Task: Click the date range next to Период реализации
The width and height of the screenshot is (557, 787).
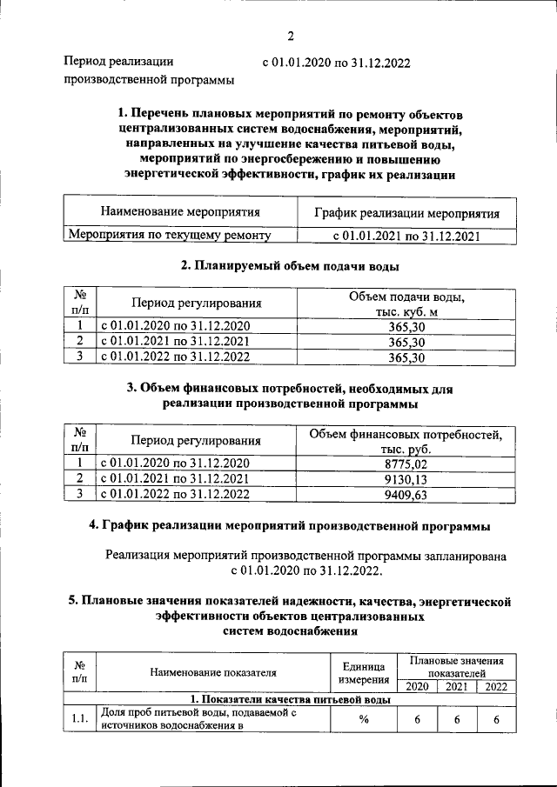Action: point(335,63)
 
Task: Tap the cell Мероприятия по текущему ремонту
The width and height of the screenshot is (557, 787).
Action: point(170,235)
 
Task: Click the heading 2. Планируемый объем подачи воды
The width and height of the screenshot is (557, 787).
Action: point(290,266)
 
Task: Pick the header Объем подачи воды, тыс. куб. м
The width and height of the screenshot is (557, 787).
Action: point(406,304)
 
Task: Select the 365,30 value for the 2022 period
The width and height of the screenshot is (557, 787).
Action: point(406,357)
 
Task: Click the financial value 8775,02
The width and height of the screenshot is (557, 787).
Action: point(406,464)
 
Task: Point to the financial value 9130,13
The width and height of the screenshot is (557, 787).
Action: point(406,479)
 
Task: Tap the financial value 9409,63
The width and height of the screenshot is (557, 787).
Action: point(406,495)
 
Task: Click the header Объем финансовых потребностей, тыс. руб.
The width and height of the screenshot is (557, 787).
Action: point(406,441)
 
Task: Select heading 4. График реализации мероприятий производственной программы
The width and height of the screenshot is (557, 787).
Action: point(290,526)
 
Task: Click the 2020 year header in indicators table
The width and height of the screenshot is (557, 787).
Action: point(418,687)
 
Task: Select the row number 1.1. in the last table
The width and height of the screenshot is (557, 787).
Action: point(79,719)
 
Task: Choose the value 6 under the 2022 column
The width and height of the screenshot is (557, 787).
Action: point(496,719)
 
